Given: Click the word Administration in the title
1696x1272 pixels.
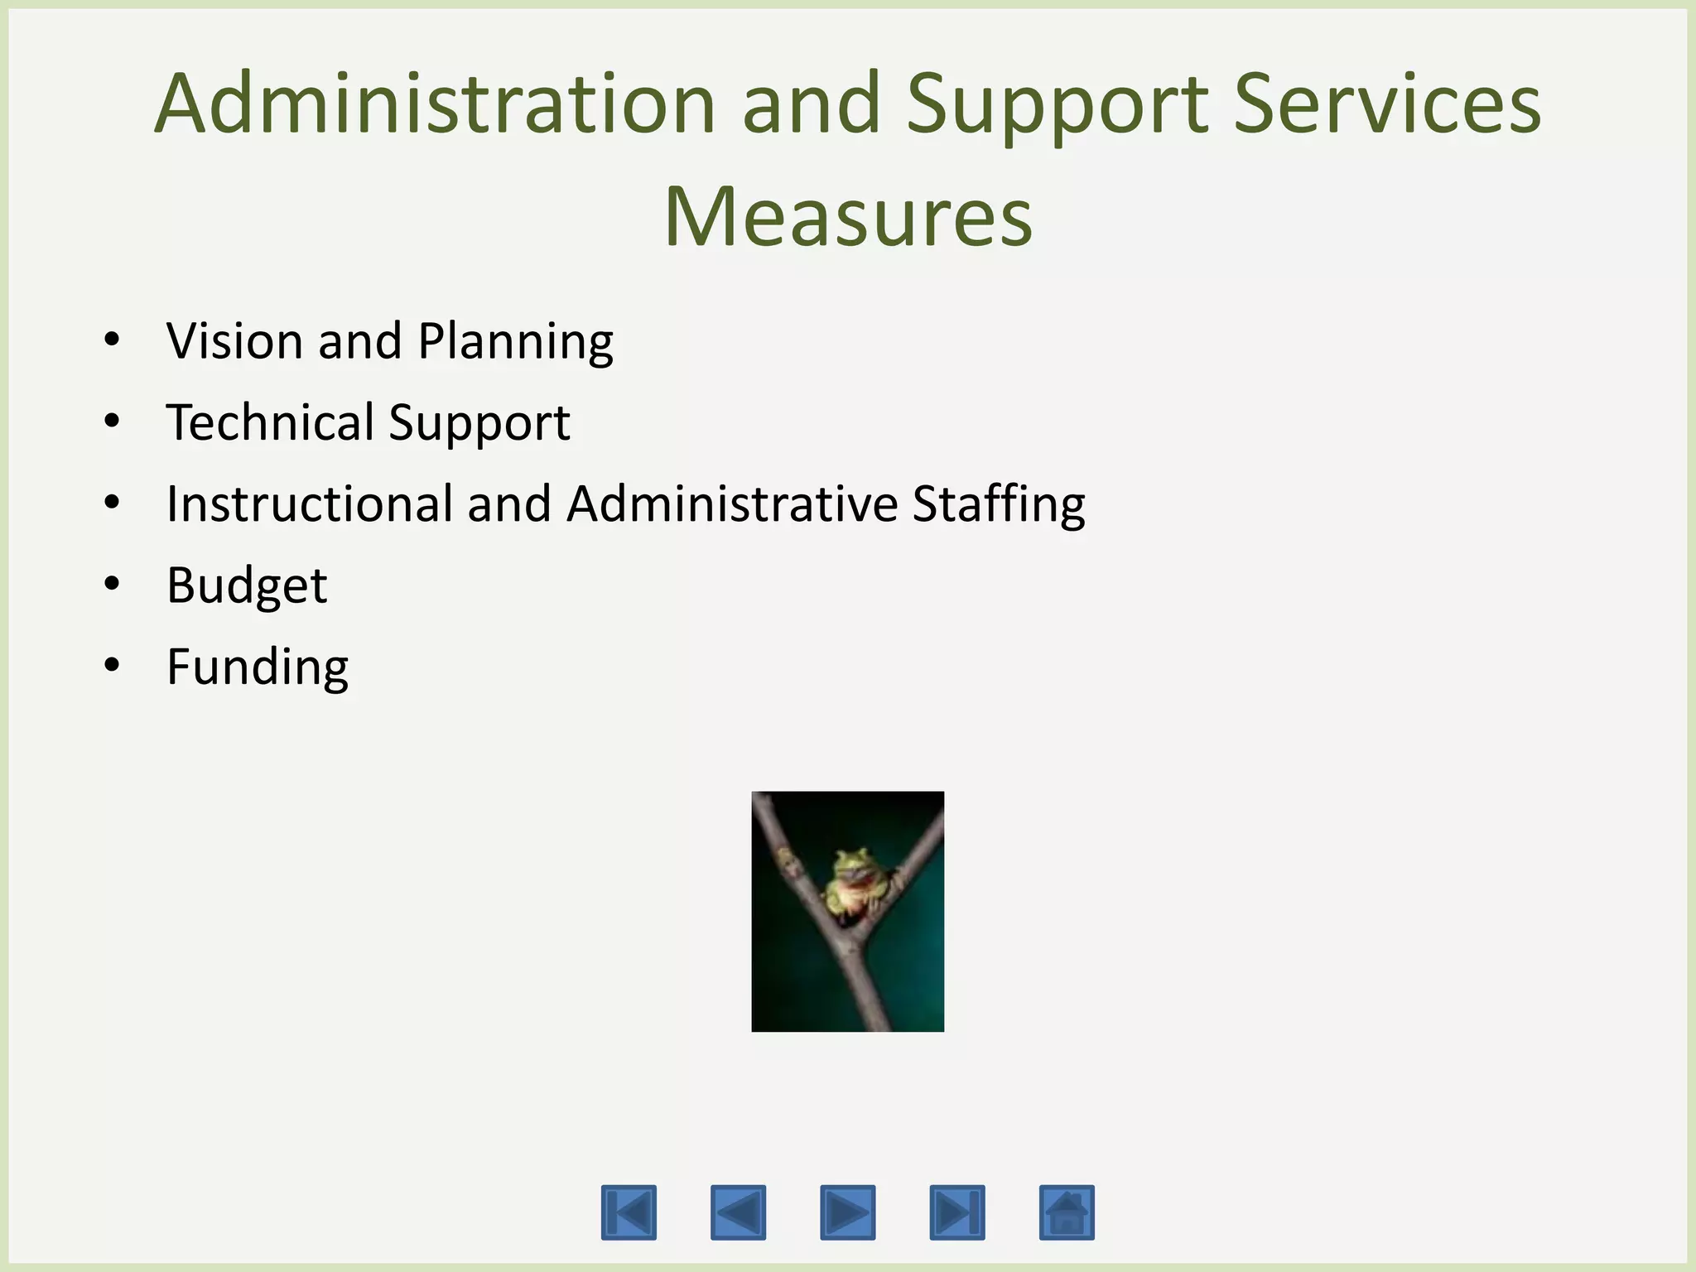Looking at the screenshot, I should click(x=435, y=104).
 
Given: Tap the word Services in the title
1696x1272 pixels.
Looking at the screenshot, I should click(x=1387, y=104).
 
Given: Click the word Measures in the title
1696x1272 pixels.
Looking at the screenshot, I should click(x=848, y=217).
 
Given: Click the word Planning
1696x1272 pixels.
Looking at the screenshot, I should click(x=515, y=342).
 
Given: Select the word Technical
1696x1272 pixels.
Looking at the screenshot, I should click(x=269, y=422).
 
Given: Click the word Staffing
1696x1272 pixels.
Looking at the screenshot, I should click(x=999, y=503).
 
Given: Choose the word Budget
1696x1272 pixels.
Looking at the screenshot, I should click(x=247, y=585).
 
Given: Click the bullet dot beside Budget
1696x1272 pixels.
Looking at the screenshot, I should click(x=113, y=584).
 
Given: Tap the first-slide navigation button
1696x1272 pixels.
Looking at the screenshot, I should click(x=629, y=1212).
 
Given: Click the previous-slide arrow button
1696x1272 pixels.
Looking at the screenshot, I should click(x=738, y=1212).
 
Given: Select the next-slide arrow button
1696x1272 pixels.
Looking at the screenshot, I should click(x=847, y=1212).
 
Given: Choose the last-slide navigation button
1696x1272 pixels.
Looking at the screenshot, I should click(x=957, y=1212).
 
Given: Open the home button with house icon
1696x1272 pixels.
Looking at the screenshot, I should click(x=1067, y=1212).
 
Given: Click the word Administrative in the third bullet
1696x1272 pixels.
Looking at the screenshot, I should click(x=732, y=503).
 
